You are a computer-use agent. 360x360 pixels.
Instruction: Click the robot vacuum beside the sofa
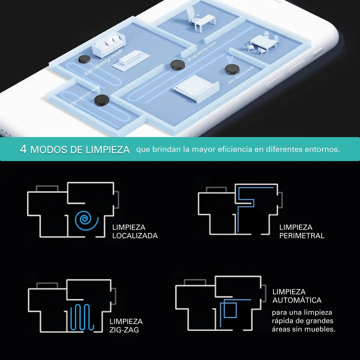click(x=84, y=59)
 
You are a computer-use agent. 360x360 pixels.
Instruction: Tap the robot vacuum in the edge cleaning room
click(x=101, y=100)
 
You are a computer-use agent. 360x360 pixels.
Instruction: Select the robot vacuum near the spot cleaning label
click(x=232, y=69)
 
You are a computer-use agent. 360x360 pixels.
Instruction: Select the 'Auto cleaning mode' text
click(x=103, y=62)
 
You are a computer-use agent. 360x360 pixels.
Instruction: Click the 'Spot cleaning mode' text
click(x=241, y=75)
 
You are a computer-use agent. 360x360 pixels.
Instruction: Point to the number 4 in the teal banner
click(x=23, y=149)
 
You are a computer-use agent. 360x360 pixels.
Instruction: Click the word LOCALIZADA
click(x=135, y=236)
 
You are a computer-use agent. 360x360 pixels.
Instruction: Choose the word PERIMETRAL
click(x=302, y=236)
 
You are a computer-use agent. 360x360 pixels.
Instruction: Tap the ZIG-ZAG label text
click(x=124, y=330)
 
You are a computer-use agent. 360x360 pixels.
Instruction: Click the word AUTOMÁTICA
click(x=297, y=300)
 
